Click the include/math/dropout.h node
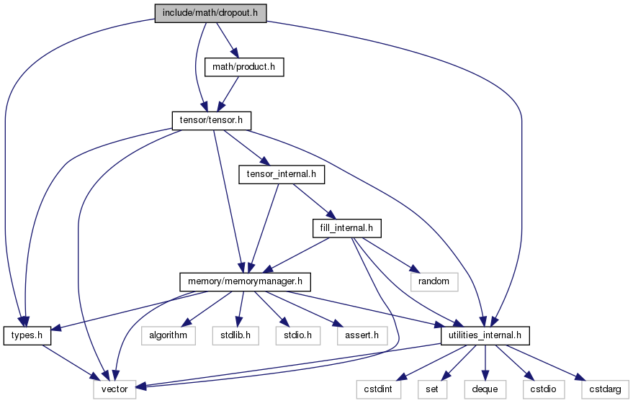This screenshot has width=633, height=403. (x=210, y=13)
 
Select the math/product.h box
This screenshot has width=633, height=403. (x=244, y=67)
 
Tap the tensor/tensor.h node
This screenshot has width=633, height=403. (x=211, y=121)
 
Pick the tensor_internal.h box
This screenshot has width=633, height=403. (x=282, y=174)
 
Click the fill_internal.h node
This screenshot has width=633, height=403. (x=347, y=228)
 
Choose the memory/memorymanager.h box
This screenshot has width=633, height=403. (x=245, y=281)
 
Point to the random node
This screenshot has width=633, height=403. (x=434, y=281)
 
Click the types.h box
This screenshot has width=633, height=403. (x=27, y=335)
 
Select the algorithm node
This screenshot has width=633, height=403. (x=169, y=335)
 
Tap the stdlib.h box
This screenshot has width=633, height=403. (x=235, y=335)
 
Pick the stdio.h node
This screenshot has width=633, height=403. (x=298, y=335)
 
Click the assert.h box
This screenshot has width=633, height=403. (x=362, y=335)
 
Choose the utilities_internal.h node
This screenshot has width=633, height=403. (x=485, y=335)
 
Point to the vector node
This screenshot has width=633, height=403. (x=115, y=389)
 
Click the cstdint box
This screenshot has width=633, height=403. (x=378, y=389)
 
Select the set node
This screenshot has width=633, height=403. (x=432, y=389)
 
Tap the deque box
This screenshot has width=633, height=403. (x=485, y=389)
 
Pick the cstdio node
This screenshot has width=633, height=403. (x=544, y=389)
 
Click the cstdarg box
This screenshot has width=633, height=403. (x=605, y=389)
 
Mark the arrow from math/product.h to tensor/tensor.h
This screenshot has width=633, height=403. (x=228, y=94)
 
